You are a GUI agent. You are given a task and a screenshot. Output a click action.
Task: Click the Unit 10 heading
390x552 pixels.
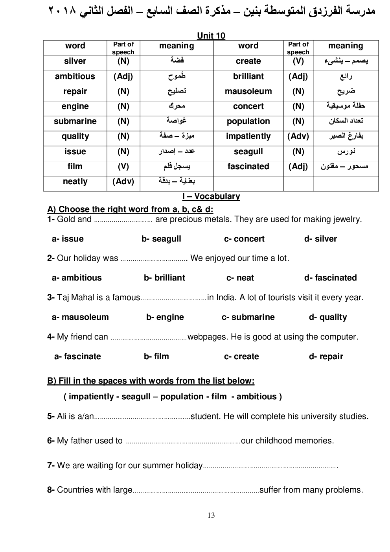point(211,36)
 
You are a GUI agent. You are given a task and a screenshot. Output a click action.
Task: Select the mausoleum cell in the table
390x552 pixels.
point(248,91)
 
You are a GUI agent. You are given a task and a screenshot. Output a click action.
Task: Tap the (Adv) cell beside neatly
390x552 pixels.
point(123,181)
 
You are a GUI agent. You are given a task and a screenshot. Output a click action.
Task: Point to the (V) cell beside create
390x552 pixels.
point(298,61)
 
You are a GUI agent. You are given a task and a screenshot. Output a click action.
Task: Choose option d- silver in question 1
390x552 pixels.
point(320,239)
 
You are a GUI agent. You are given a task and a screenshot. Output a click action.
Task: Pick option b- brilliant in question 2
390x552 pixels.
point(164,278)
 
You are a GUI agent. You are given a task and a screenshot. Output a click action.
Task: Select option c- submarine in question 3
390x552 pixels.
point(248,317)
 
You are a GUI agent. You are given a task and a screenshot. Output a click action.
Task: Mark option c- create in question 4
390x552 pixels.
point(241,356)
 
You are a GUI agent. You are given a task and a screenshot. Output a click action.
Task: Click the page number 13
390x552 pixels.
point(211,515)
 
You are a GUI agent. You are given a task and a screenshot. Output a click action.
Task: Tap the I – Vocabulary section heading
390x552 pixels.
point(211,196)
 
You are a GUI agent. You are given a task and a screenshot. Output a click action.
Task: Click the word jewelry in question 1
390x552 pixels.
point(347,219)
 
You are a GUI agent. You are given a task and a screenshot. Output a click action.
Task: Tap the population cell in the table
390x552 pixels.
point(248,121)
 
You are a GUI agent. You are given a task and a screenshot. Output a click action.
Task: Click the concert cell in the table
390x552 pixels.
point(248,106)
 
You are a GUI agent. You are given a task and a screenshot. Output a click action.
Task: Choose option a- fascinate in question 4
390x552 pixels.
point(77,356)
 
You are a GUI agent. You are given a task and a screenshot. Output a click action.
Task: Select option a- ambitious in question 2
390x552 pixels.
point(77,278)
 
